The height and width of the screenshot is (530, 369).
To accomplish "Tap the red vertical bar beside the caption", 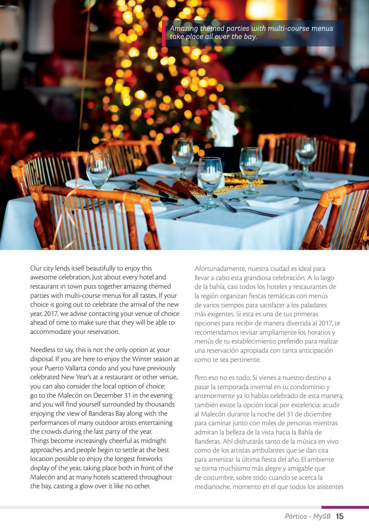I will [x=164, y=33].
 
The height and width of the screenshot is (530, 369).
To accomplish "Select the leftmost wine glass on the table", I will [x=99, y=169].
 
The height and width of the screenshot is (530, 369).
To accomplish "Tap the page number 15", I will [x=340, y=517].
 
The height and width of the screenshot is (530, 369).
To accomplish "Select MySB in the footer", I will [x=323, y=517].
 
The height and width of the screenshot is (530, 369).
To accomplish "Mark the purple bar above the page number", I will [x=345, y=507].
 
